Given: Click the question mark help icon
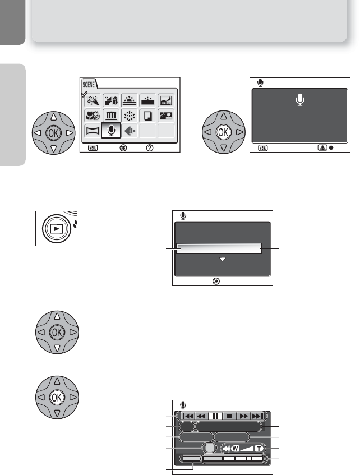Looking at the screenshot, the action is pos(149,147).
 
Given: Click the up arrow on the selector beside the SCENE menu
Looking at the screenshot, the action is pos(54,118).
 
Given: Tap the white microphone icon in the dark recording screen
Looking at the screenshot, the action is pos(301,100).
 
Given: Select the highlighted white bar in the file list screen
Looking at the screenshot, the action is pos(219,248).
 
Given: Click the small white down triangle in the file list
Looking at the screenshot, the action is pos(223,260).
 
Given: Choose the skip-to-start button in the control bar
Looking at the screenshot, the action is pos(187,416).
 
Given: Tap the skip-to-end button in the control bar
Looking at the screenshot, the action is pos(257,416).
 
